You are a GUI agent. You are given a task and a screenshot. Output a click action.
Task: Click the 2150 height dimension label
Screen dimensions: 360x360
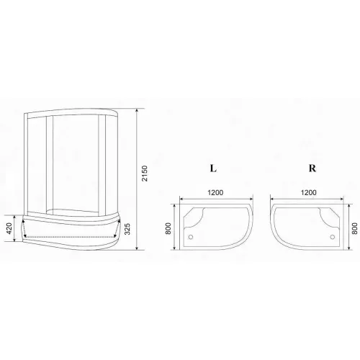coord(144,174)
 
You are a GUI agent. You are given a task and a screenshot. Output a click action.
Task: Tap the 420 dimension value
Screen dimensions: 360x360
coord(9,229)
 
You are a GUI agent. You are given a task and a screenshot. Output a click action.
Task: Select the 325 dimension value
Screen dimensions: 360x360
coord(127,229)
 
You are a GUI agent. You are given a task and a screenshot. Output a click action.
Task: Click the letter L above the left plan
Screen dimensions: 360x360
coord(213,168)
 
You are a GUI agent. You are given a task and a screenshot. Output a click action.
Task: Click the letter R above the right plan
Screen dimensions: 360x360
coord(312,168)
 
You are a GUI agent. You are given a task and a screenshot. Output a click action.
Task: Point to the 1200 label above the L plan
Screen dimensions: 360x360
coord(215,192)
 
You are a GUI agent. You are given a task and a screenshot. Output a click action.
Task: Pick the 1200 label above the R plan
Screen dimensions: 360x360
coord(309,192)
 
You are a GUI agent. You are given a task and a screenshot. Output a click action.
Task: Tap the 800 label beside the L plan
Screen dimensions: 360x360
coord(168,229)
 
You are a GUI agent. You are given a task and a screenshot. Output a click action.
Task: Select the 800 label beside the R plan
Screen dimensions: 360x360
coord(355,228)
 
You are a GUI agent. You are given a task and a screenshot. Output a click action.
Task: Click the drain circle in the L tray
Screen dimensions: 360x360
coord(191,237)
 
